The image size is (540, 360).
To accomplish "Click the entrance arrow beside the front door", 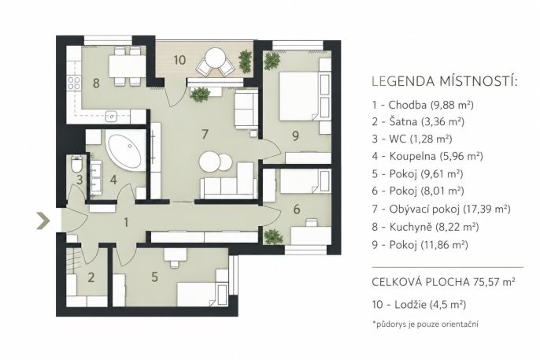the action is click(x=43, y=221).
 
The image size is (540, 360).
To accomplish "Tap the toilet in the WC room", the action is click(x=76, y=165).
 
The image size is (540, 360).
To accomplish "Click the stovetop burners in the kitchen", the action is click(x=74, y=84).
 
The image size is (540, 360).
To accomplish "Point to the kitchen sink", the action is click(x=112, y=116).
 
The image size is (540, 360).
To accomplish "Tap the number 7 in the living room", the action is click(x=205, y=135).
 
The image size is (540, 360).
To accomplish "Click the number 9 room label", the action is click(x=295, y=136).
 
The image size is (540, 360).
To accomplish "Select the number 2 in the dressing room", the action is click(x=91, y=277).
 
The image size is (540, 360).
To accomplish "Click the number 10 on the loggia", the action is click(x=179, y=60).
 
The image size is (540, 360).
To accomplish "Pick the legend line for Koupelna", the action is click(x=427, y=157).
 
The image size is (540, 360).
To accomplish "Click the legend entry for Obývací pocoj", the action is click(x=441, y=209).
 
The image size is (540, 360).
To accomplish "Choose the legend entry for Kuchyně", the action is click(x=425, y=227).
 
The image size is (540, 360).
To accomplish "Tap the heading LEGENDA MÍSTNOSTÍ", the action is click(x=445, y=81).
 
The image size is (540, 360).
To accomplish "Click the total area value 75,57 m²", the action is click(x=494, y=282).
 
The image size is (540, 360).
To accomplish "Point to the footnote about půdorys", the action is click(x=425, y=325).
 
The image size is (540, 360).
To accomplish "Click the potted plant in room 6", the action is click(x=273, y=237).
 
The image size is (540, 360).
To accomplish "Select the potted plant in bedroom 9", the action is click(x=272, y=61).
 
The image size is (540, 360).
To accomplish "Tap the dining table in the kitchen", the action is click(x=128, y=66).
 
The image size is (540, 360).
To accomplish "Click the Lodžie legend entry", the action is click(x=419, y=305).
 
